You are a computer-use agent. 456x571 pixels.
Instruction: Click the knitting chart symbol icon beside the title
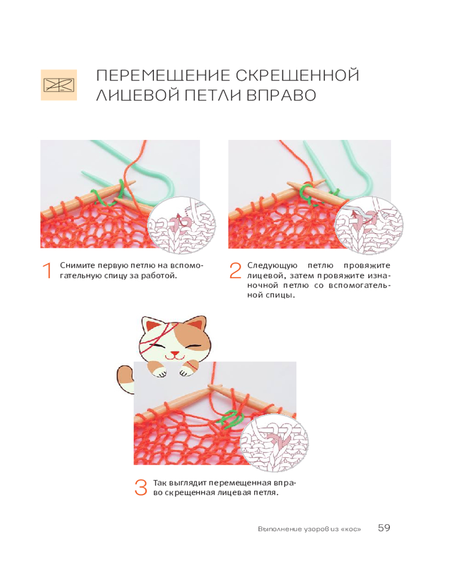(59, 85)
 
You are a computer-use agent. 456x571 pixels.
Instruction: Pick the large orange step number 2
(235, 271)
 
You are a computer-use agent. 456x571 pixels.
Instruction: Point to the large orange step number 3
(141, 488)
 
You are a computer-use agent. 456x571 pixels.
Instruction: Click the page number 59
(384, 528)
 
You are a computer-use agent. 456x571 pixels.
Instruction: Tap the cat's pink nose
(175, 353)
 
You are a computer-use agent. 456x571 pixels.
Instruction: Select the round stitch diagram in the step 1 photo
(181, 224)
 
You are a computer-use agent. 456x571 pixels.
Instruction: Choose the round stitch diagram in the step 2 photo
(369, 224)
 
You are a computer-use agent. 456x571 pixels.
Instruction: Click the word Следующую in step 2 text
(272, 266)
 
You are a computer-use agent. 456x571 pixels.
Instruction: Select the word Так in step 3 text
(160, 483)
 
